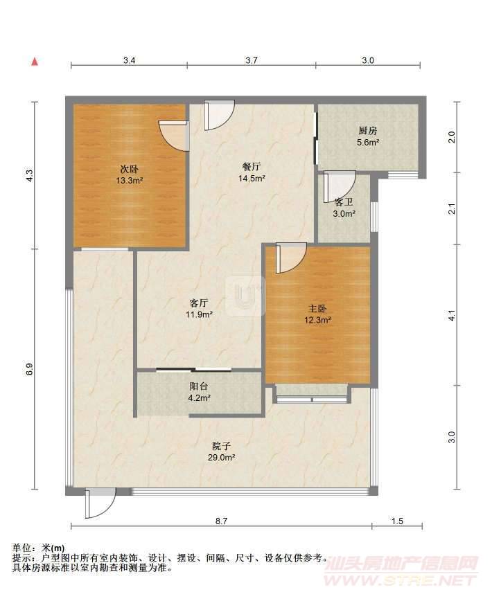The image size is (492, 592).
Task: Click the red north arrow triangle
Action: (35, 62)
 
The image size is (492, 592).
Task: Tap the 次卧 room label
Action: (129, 169)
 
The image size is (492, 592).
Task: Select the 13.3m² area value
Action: (129, 181)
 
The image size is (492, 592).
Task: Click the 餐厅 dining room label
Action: (252, 166)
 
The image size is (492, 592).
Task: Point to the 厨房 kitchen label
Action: (368, 131)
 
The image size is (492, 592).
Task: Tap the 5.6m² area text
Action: (368, 143)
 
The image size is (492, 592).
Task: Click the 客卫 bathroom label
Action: (344, 202)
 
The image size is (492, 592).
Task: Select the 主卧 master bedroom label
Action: (317, 309)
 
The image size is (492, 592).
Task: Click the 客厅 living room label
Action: (199, 303)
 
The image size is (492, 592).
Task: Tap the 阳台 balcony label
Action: (199, 386)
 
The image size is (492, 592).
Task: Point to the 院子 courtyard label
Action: (221, 447)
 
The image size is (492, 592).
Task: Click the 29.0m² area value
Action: (222, 458)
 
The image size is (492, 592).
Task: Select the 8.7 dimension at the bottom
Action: (222, 521)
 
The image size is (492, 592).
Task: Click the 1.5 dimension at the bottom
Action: (397, 521)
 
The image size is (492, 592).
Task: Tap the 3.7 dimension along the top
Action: (252, 60)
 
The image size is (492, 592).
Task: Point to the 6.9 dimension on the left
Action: (30, 369)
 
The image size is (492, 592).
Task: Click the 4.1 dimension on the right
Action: (452, 315)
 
